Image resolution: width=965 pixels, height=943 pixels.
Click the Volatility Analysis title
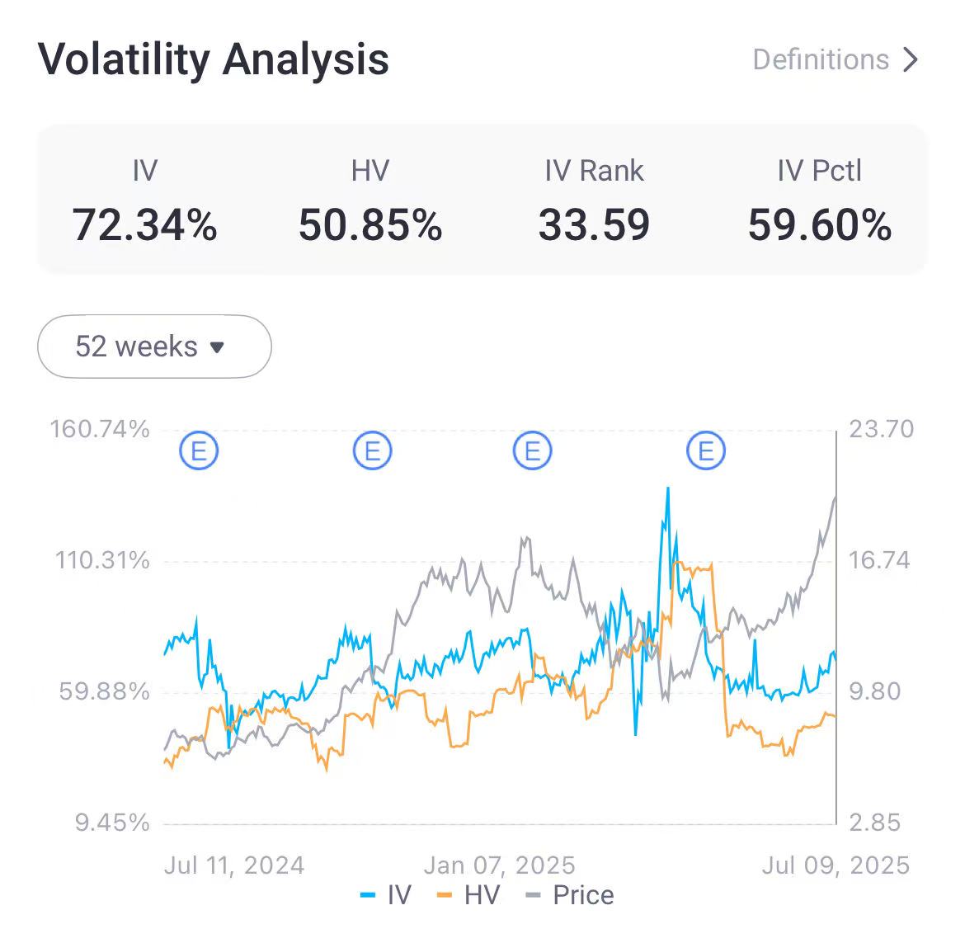click(x=213, y=59)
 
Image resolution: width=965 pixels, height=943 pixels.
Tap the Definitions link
click(x=835, y=59)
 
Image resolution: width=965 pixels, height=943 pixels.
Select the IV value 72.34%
click(x=144, y=225)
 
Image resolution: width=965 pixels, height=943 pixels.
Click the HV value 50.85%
click(x=370, y=225)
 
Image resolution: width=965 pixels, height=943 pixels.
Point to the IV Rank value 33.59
click(x=594, y=225)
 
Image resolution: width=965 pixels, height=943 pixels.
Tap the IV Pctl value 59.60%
click(x=819, y=225)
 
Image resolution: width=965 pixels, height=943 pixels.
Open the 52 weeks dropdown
click(x=154, y=347)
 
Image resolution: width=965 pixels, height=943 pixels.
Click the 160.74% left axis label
click(x=100, y=429)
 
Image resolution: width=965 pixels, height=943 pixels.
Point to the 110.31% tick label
click(x=102, y=561)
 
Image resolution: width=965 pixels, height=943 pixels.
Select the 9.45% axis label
click(x=112, y=823)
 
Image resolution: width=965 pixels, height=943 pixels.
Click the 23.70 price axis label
click(x=882, y=429)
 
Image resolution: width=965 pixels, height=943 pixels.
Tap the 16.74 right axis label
click(x=879, y=561)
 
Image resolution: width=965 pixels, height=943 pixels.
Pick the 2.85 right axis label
click(x=875, y=823)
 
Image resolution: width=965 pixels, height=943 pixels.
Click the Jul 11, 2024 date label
click(x=234, y=865)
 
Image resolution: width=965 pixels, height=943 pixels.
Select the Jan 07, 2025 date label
click(x=499, y=865)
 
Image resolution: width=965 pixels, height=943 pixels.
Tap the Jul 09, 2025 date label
click(x=836, y=865)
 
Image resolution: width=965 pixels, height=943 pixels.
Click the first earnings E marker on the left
click(x=199, y=451)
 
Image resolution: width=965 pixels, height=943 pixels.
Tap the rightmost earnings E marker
click(x=706, y=451)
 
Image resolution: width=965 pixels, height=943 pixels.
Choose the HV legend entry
click(x=468, y=895)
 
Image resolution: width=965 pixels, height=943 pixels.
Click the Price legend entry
click(x=571, y=895)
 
